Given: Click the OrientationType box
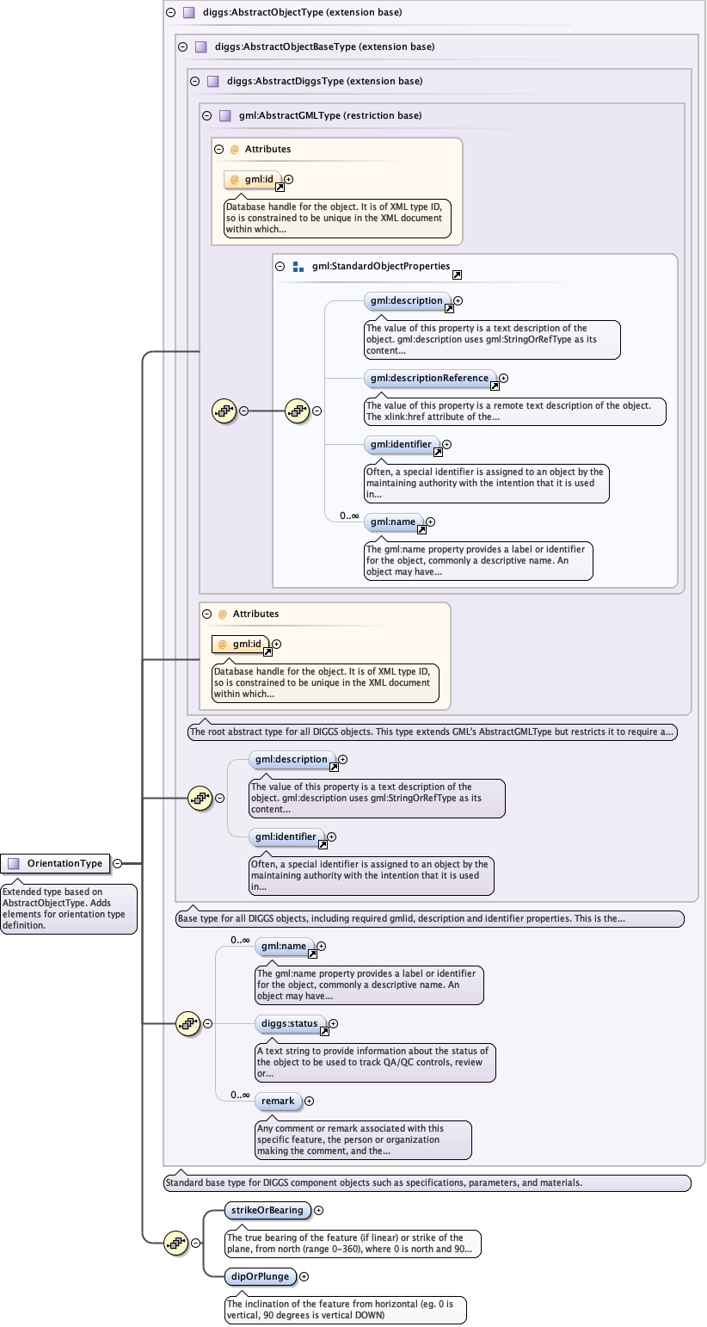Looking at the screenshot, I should click(57, 863).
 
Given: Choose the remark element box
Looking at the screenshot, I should click(277, 1101).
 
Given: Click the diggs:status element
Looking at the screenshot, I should click(290, 1024).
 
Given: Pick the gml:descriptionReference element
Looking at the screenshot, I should click(428, 378).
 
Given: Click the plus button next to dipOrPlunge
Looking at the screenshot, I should click(304, 1277).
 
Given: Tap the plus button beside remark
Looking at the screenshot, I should click(309, 1101).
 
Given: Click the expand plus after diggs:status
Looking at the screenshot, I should click(333, 1024).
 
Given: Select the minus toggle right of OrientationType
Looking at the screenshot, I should click(117, 863).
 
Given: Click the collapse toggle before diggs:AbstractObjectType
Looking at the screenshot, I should click(170, 13).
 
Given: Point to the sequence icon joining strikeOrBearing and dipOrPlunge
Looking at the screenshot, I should click(176, 1242).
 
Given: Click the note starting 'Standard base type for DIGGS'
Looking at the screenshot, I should click(427, 1182).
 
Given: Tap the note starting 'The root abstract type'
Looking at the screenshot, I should click(433, 732).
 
